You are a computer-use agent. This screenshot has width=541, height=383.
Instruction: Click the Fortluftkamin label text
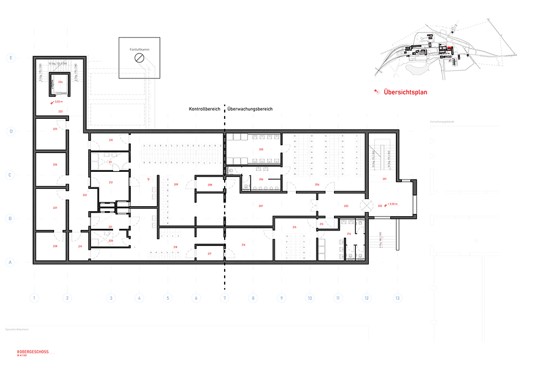tap(139, 50)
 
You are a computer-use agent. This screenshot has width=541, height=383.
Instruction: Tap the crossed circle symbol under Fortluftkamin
tap(140, 58)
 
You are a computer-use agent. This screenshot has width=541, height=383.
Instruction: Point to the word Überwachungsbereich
tap(250, 109)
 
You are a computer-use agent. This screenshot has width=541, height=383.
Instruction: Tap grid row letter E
tap(9, 57)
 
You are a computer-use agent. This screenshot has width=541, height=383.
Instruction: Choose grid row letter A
tap(9, 263)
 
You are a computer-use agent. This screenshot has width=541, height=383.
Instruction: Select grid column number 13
tap(396, 298)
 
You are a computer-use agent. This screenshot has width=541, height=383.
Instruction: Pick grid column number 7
tap(225, 298)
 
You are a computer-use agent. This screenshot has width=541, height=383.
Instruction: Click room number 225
tap(55, 129)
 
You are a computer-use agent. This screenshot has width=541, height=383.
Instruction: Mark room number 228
tap(55, 246)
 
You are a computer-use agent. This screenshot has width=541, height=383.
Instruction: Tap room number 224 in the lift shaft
tap(60, 82)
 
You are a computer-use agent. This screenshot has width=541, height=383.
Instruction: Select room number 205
tap(261, 150)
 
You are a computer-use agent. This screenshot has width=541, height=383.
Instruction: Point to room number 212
tap(110, 182)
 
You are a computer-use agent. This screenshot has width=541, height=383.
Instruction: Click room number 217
tap(209, 254)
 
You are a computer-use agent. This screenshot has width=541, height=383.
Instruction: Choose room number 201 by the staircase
tap(384, 179)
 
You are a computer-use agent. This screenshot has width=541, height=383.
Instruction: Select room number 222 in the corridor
tap(84, 195)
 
